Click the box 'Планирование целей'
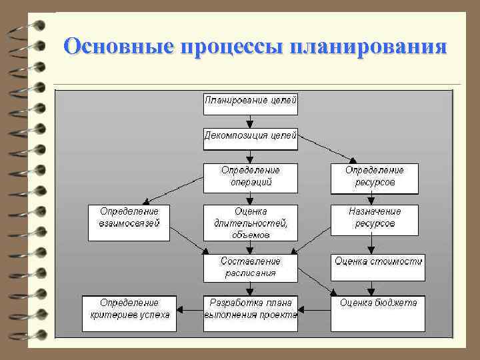click(251, 103)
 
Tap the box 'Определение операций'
click(251, 178)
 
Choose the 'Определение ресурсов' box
click(375, 178)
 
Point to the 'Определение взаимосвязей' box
click(129, 219)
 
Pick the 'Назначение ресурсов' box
click(375, 219)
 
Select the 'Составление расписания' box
click(251, 267)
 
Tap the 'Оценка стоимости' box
click(378, 262)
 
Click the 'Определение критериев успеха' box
click(129, 313)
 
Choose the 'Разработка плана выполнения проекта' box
click(251, 313)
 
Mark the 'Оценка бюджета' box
click(378, 313)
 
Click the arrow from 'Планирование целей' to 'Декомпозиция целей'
click(251, 121)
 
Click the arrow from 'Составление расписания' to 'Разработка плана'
click(251, 287)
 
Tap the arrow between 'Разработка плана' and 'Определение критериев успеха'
click(190, 309)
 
